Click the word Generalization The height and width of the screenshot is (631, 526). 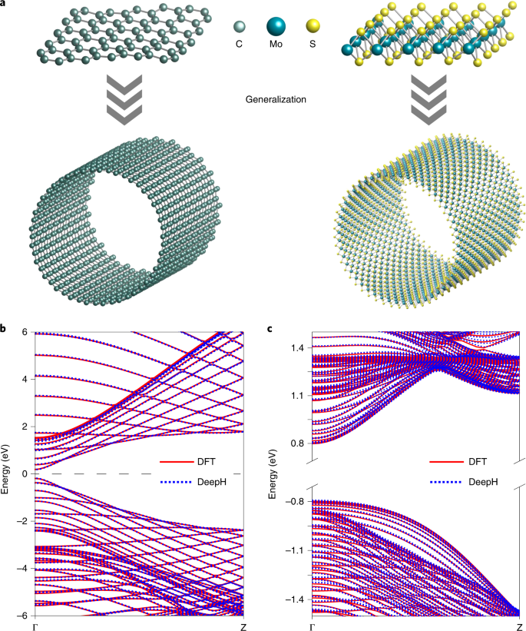[x=277, y=99]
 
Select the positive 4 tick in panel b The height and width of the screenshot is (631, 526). [x=25, y=379]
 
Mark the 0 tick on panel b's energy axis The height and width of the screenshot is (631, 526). [x=25, y=474]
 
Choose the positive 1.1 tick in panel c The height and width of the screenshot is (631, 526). [x=296, y=396]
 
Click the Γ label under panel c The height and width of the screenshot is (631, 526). [x=312, y=626]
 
